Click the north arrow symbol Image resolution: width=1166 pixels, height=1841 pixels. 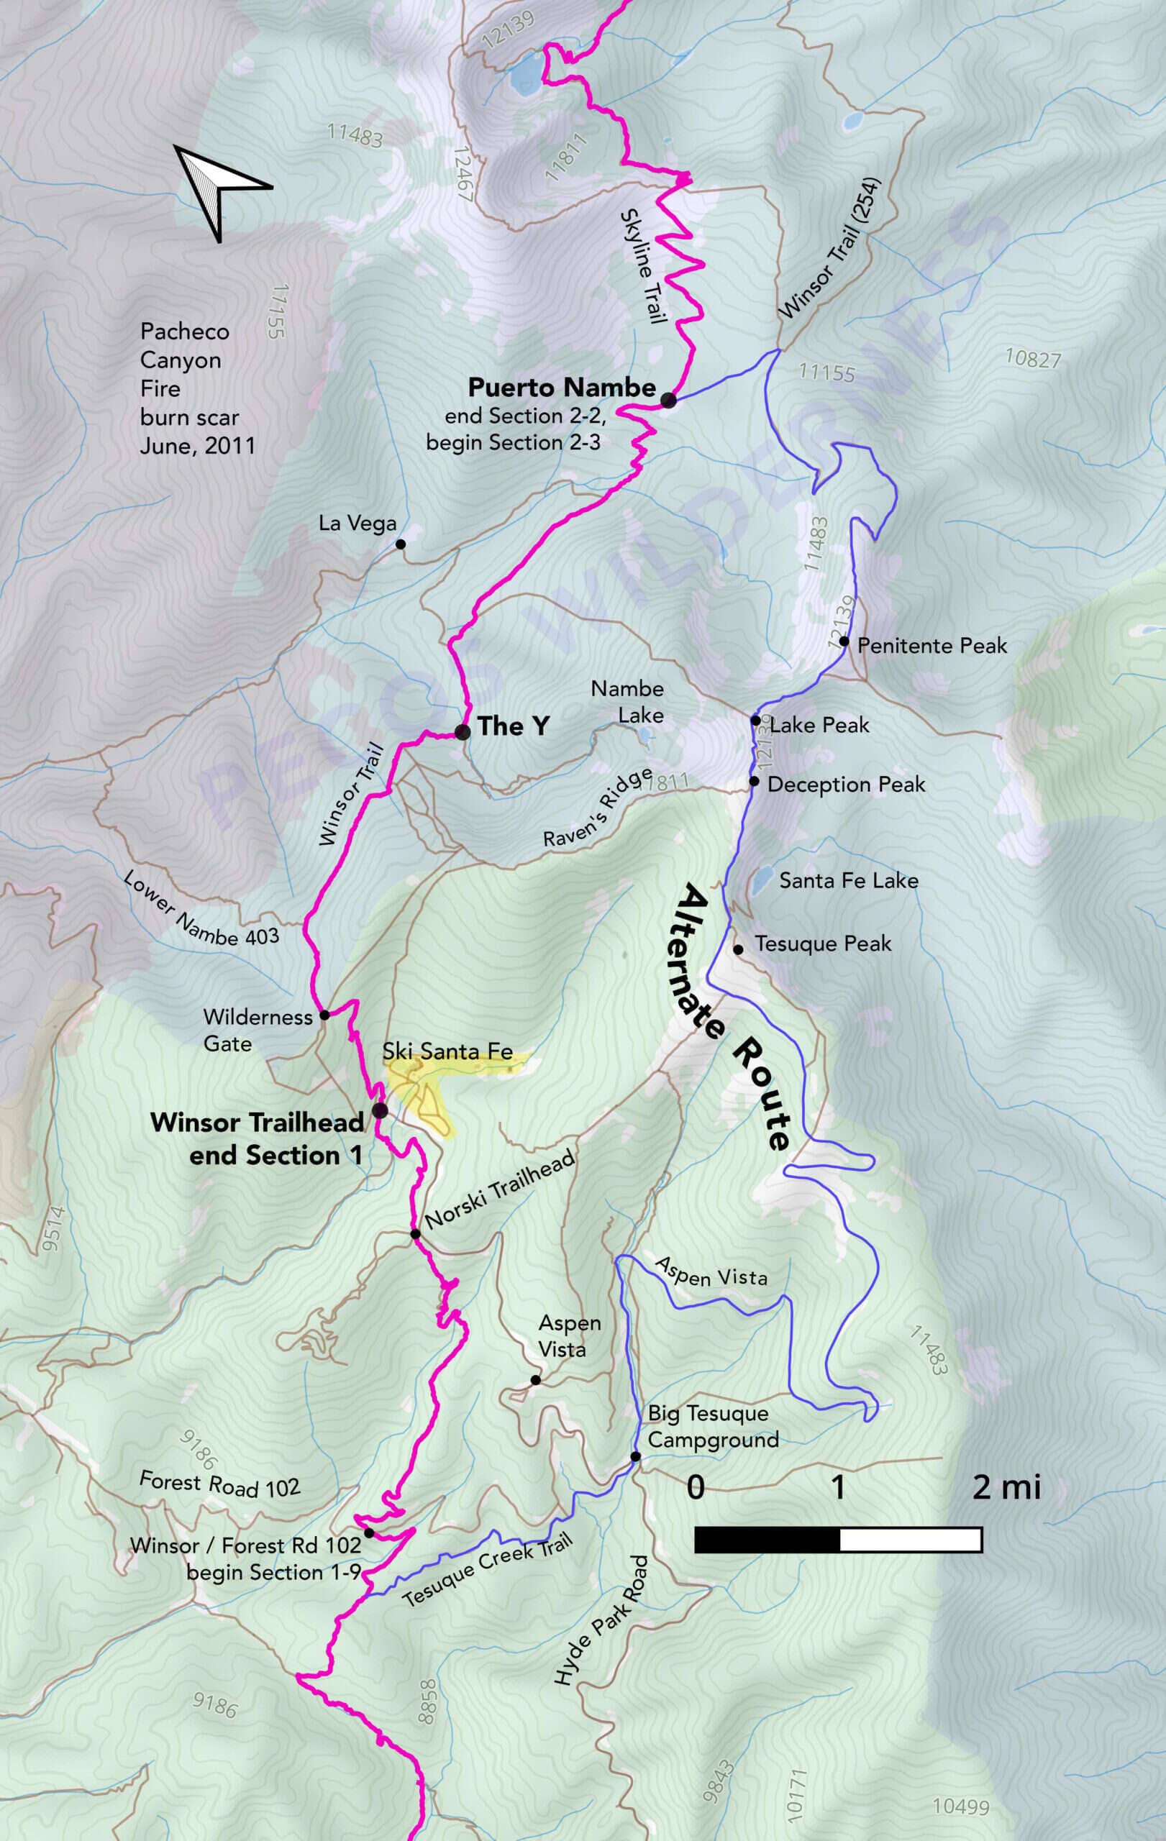(218, 191)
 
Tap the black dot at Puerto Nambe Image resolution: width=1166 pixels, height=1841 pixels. (668, 399)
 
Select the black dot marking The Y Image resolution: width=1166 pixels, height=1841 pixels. (462, 731)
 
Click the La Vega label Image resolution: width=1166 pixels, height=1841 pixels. (357, 524)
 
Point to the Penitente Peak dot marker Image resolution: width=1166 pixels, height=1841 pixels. (844, 641)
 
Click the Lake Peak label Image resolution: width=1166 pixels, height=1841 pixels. (819, 725)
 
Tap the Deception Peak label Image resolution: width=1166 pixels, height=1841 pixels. (846, 785)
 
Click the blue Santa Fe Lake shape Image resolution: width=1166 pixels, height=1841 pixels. (761, 880)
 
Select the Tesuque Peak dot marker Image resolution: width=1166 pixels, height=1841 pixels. (738, 949)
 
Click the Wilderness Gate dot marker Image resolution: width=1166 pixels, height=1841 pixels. (324, 1015)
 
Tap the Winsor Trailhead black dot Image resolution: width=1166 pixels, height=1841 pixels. (379, 1110)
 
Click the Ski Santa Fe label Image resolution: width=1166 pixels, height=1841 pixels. (447, 1051)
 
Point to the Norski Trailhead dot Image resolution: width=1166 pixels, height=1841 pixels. (415, 1234)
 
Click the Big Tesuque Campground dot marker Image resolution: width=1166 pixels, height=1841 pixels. (635, 1456)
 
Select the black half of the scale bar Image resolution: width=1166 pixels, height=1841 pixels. (767, 1540)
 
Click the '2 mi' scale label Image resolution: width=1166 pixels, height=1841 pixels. (1006, 1487)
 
